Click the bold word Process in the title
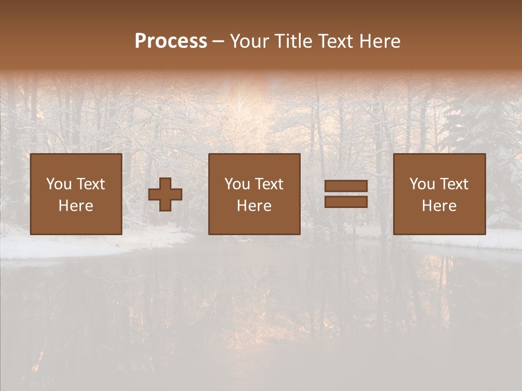coord(171,41)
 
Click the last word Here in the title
coord(380,41)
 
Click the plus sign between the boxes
coord(165,194)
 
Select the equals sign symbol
coord(346,194)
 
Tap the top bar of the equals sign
coord(346,186)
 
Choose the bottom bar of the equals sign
coord(346,202)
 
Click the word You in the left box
coord(59,184)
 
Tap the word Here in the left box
coord(76,206)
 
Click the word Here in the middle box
coord(254,206)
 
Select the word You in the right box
coord(422,184)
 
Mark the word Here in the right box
coord(439,206)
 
